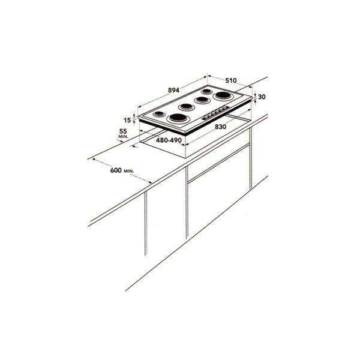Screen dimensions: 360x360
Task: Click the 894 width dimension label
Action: click(173, 90)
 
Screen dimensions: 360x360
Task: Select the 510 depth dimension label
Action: click(231, 80)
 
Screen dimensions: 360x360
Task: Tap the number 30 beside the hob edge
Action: click(262, 97)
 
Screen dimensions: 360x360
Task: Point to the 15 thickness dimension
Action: click(127, 120)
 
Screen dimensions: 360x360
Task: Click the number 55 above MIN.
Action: click(123, 131)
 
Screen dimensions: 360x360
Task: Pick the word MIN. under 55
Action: click(123, 136)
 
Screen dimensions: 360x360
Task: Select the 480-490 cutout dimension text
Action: click(169, 140)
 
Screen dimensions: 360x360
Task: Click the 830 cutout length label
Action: click(221, 127)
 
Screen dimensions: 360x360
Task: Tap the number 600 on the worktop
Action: click(116, 170)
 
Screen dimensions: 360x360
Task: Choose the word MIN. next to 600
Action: click(129, 171)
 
